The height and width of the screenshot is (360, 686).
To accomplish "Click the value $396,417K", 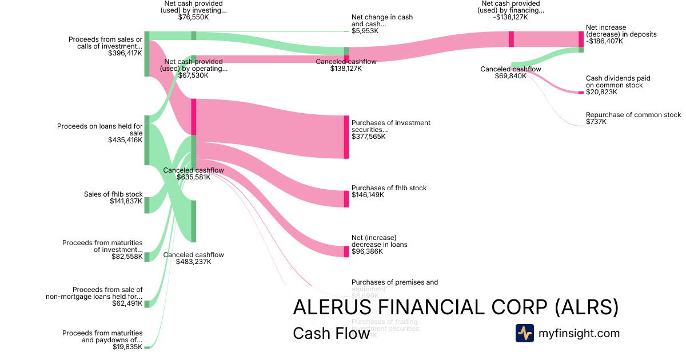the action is [125, 53].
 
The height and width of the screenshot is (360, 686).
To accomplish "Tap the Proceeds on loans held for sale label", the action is [100, 130].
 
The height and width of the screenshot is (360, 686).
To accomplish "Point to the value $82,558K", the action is [127, 257].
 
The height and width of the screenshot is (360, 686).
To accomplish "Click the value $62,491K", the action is [127, 303].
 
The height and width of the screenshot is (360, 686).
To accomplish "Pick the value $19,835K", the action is [127, 346].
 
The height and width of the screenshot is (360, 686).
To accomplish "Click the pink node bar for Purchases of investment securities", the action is [346, 137].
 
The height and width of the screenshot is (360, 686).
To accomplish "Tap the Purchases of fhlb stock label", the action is [389, 188].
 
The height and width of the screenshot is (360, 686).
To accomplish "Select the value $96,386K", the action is [368, 251].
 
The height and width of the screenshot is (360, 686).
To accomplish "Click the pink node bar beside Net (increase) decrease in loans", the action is [346, 251].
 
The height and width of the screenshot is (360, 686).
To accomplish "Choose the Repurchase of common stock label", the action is [633, 115].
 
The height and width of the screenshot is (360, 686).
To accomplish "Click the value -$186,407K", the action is [604, 41].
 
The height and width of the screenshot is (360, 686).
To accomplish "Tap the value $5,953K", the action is [365, 31].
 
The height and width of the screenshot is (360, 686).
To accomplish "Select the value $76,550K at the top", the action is [194, 18].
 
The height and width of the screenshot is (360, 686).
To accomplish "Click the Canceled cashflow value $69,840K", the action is [510, 76].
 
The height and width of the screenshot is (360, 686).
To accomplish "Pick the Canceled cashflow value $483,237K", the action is [194, 262].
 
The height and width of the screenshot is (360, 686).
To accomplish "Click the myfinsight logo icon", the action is [525, 333].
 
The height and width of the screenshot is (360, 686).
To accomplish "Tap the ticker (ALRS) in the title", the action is [588, 307].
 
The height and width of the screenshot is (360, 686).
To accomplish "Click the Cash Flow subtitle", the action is [331, 333].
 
